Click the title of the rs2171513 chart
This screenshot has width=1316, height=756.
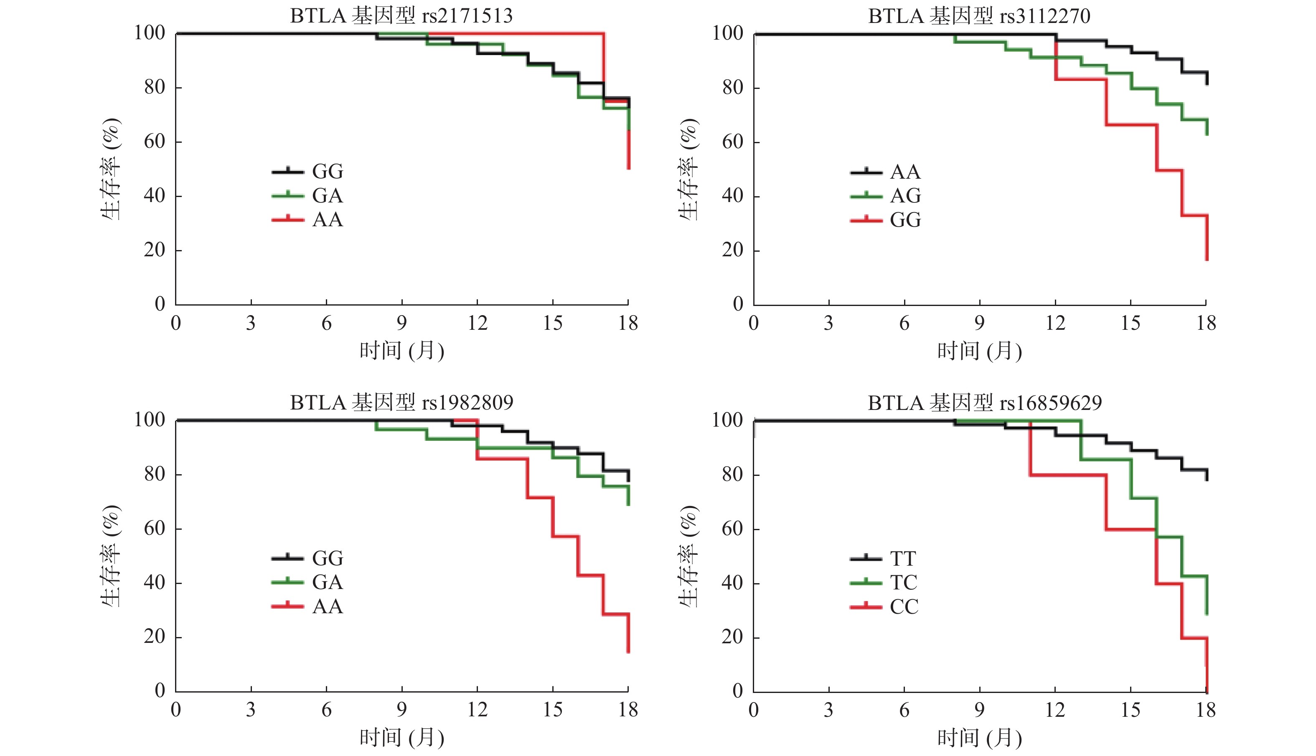pyautogui.click(x=401, y=16)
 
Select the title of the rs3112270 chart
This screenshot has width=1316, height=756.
pyautogui.click(x=979, y=16)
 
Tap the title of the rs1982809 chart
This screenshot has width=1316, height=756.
pyautogui.click(x=401, y=403)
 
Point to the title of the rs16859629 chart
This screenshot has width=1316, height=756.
pyautogui.click(x=985, y=403)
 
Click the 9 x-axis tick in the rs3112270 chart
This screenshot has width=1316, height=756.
pyautogui.click(x=979, y=324)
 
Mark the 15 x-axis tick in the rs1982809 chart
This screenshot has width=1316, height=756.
pyautogui.click(x=552, y=710)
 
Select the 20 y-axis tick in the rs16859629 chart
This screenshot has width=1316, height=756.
pyautogui.click(x=732, y=637)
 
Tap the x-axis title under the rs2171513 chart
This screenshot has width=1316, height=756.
pyautogui.click(x=401, y=351)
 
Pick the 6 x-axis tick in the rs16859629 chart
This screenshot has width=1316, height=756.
pyautogui.click(x=904, y=710)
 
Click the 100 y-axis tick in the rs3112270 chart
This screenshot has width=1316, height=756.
pyautogui.click(x=727, y=33)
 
